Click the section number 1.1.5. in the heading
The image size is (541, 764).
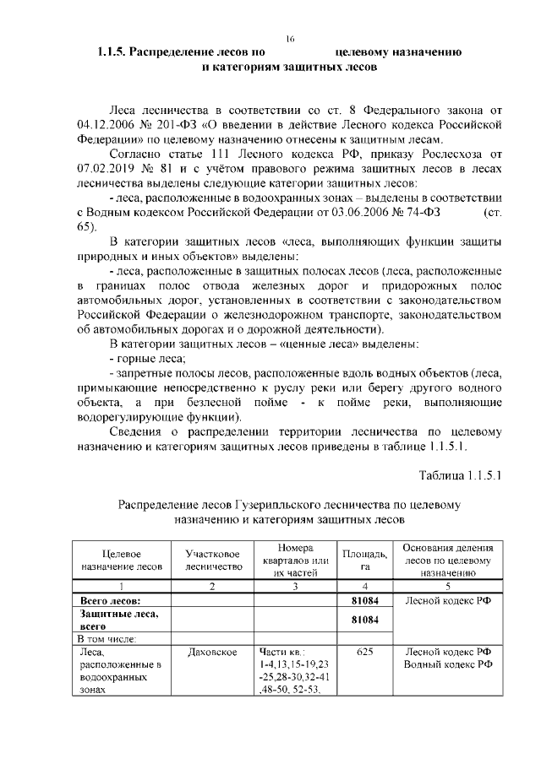click(x=114, y=52)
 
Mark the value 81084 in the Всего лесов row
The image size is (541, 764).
click(x=363, y=600)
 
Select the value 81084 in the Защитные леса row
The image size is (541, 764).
click(x=363, y=620)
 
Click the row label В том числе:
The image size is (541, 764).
click(x=107, y=639)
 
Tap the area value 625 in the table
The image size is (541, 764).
click(x=363, y=652)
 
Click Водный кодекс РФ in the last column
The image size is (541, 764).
click(x=448, y=664)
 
